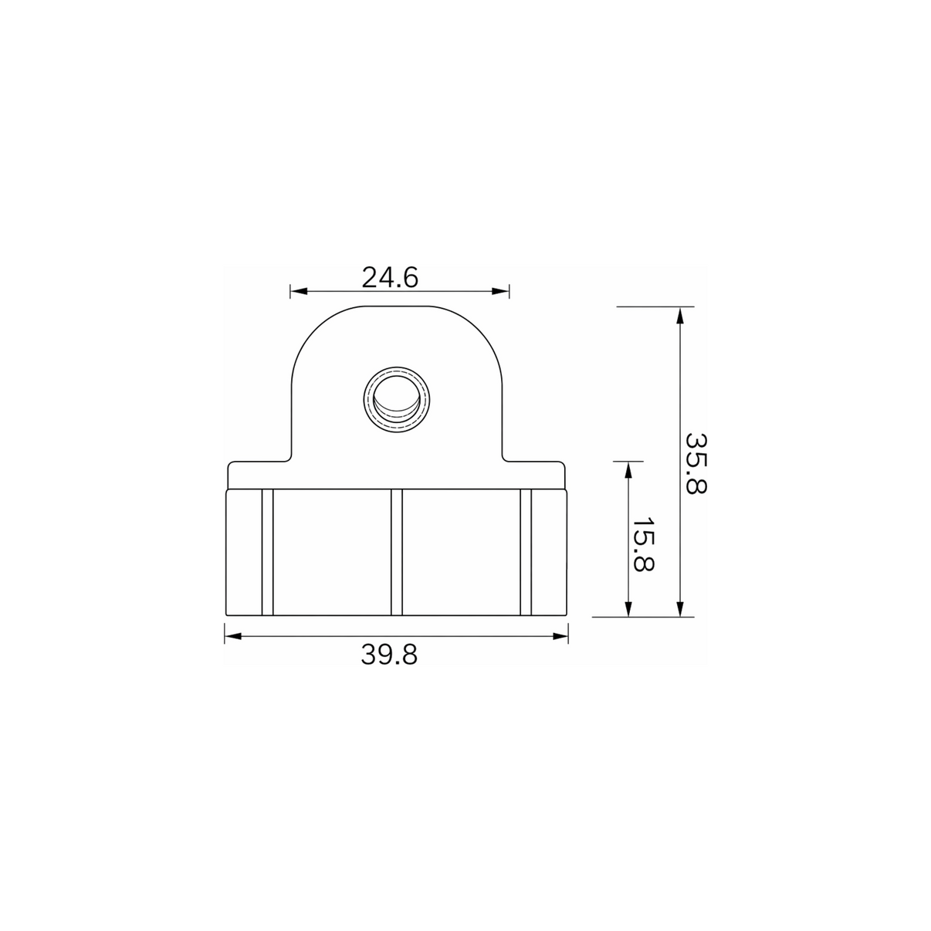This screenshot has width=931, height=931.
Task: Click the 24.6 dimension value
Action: pyautogui.click(x=390, y=278)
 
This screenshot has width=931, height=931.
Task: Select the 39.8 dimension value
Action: pyautogui.click(x=389, y=655)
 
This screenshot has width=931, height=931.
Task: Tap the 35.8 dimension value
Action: pyautogui.click(x=696, y=463)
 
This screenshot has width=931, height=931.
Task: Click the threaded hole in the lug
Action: pyautogui.click(x=397, y=400)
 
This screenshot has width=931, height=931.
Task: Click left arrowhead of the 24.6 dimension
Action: pyautogui.click(x=299, y=291)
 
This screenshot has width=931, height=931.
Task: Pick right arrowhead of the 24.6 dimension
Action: pyautogui.click(x=500, y=291)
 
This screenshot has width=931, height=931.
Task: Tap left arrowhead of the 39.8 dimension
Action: pyautogui.click(x=233, y=636)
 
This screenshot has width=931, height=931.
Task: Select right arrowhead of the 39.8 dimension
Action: pyautogui.click(x=560, y=636)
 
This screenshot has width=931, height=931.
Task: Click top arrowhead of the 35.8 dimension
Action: pyautogui.click(x=680, y=316)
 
